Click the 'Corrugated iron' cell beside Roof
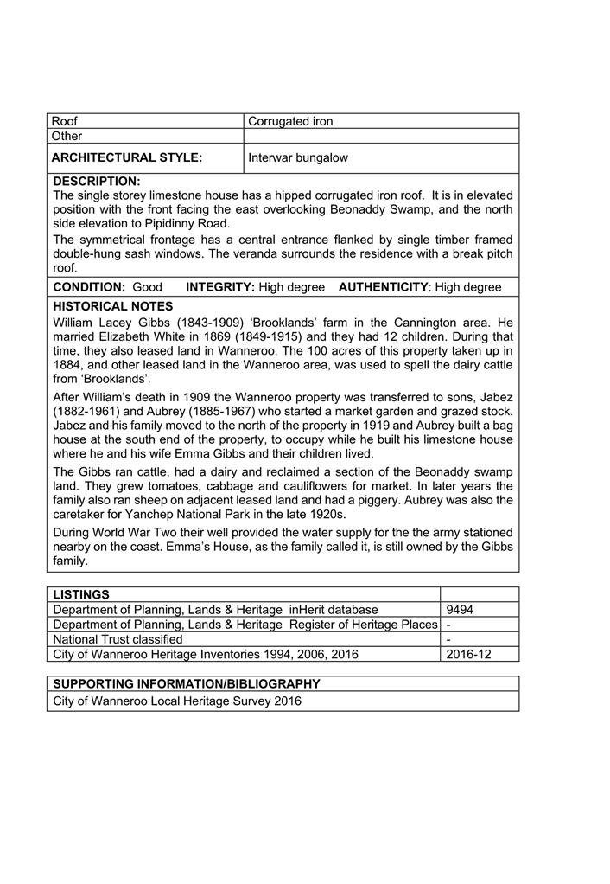[x=290, y=121]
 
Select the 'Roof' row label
[x=65, y=121]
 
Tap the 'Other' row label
[x=67, y=136]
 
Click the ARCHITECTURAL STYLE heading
[x=127, y=157]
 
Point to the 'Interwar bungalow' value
[x=298, y=158]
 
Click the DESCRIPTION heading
[x=97, y=182]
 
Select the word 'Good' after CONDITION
[x=147, y=287]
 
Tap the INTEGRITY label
[x=219, y=287]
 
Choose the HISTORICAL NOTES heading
[x=113, y=306]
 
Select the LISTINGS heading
[x=81, y=594]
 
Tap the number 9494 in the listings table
[x=460, y=610]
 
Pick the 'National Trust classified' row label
[x=118, y=639]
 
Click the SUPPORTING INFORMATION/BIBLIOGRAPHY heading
[x=186, y=683]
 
